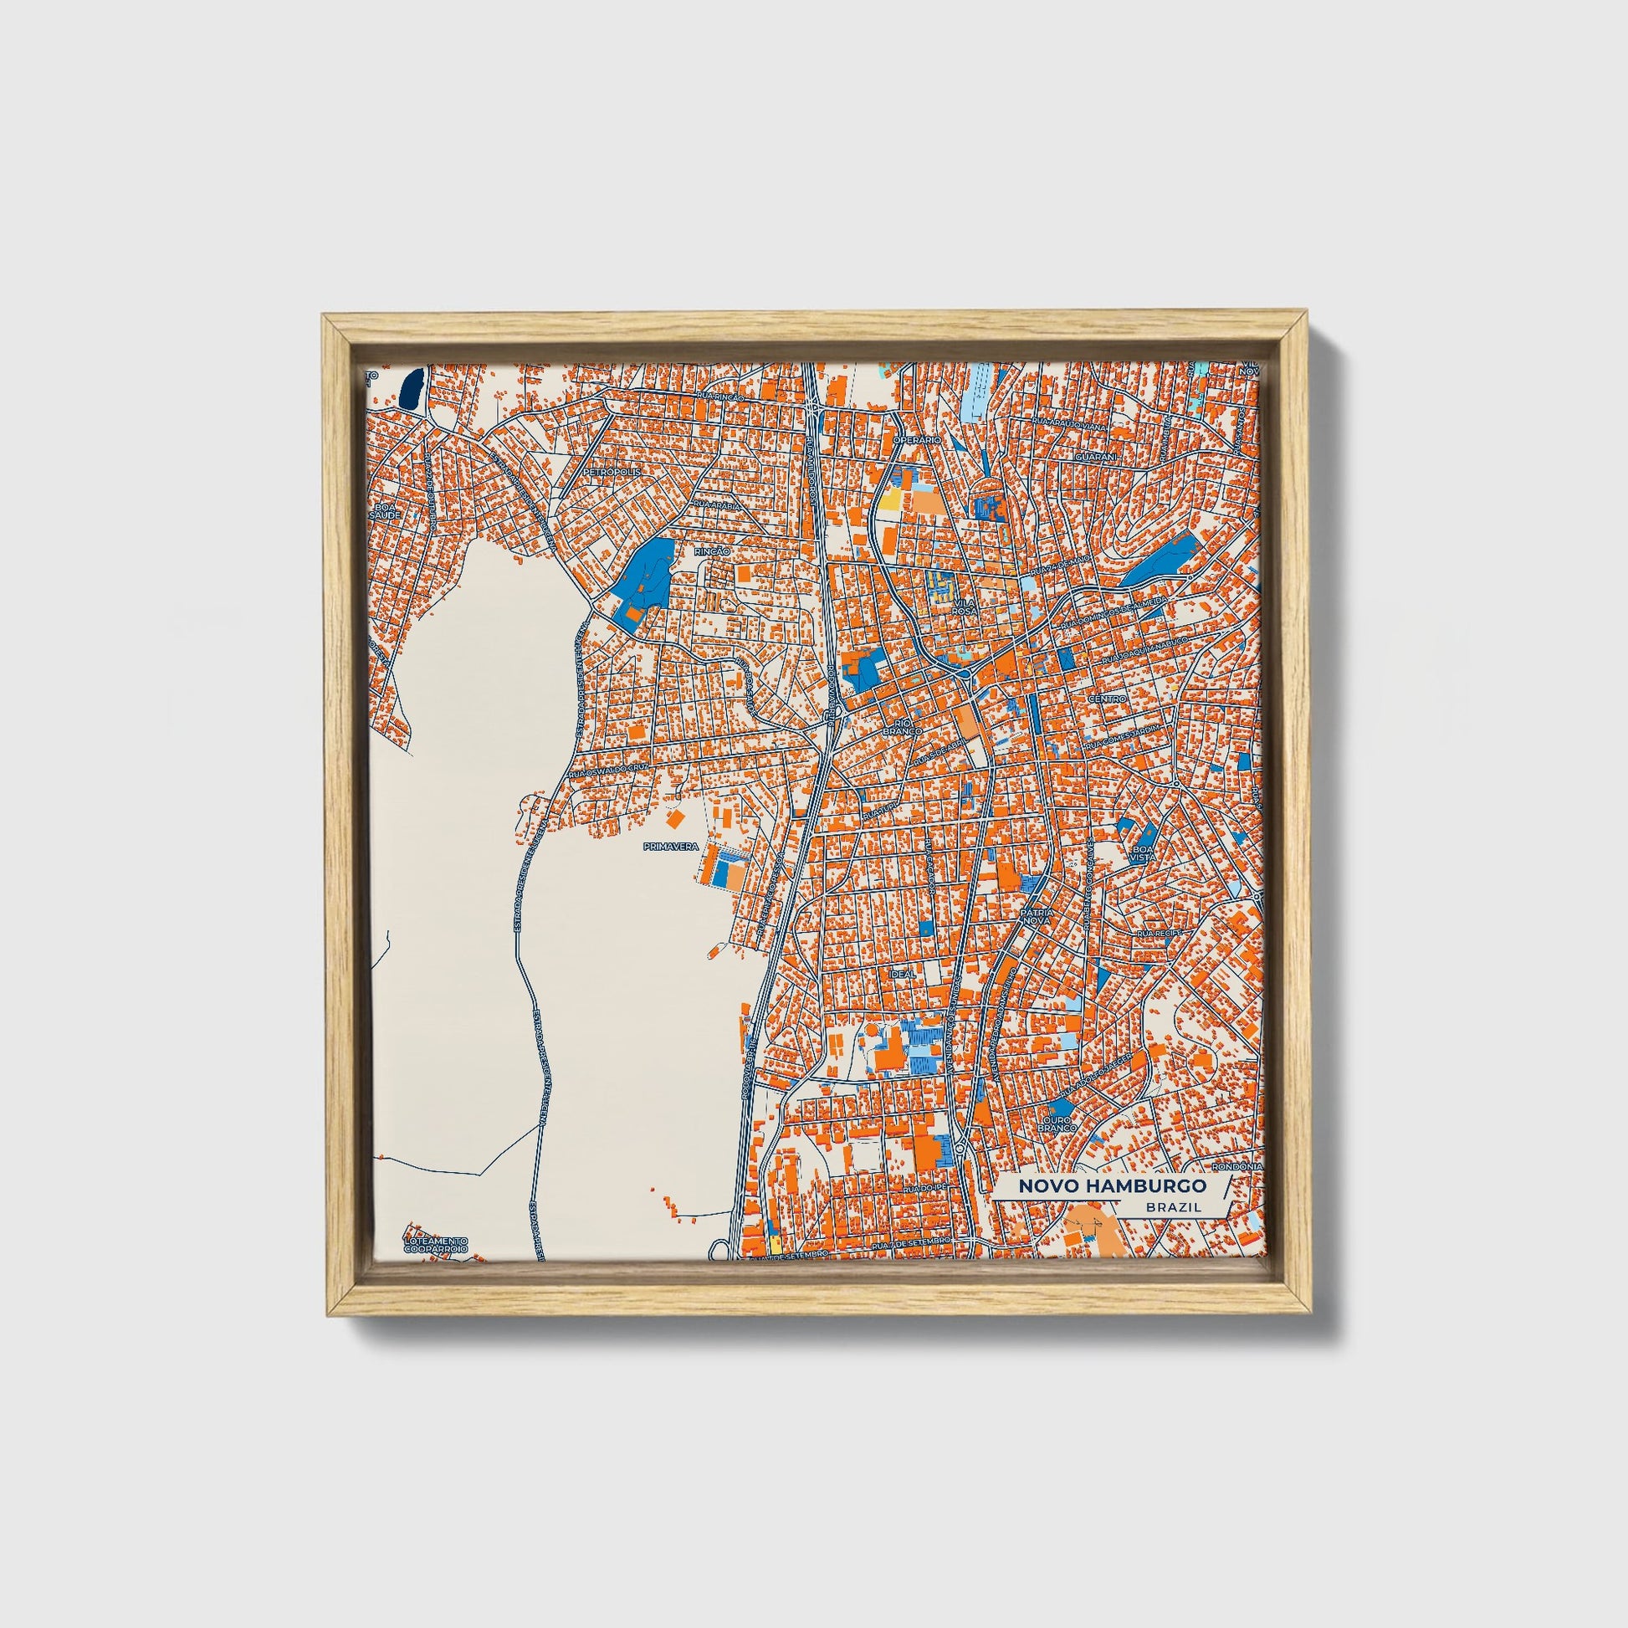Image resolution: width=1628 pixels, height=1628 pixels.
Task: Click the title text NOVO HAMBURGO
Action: (x=1112, y=1185)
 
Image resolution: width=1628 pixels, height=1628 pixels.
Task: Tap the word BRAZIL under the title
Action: (x=1173, y=1207)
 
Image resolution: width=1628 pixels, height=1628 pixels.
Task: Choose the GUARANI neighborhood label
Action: (x=1095, y=455)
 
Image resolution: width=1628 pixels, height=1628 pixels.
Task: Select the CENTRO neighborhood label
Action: (x=1108, y=699)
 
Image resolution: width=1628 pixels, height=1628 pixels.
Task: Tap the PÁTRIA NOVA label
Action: (x=1036, y=917)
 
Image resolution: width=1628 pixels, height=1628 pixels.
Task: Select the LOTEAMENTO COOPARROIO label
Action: (x=435, y=1247)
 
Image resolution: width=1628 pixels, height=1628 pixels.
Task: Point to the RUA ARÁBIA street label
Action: (x=715, y=504)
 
